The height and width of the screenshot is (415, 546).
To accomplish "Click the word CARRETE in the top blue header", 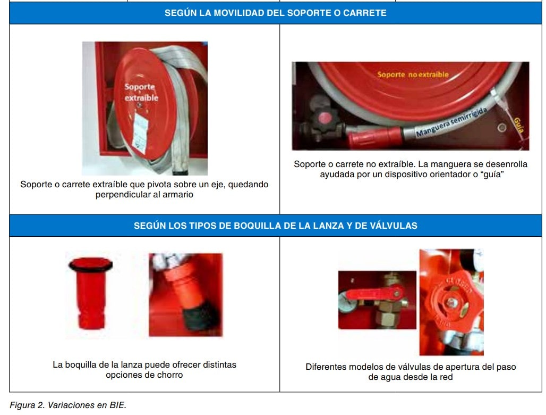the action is [x=364, y=13].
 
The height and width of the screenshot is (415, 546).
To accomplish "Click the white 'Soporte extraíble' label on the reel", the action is [x=141, y=93].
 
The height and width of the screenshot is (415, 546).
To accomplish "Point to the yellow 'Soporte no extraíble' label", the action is [x=413, y=74].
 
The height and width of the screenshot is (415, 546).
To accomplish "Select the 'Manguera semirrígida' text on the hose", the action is [x=451, y=122].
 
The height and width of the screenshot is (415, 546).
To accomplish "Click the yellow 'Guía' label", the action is [x=518, y=125].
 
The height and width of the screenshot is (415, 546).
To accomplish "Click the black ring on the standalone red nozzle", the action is [x=90, y=265].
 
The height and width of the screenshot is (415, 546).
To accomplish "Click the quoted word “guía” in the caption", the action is [x=492, y=175].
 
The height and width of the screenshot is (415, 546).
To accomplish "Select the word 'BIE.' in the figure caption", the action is [x=118, y=405].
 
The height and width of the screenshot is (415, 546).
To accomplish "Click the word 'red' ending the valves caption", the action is [x=446, y=377].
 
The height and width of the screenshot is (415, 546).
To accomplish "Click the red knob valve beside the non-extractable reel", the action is [x=325, y=119].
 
